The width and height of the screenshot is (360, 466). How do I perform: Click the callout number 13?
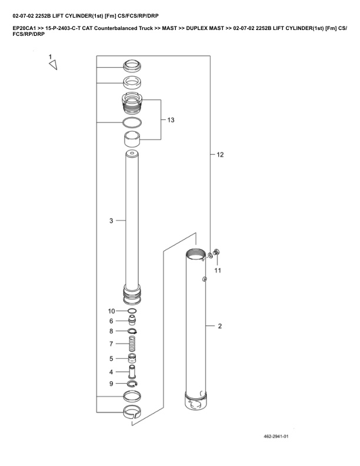pyautogui.click(x=171, y=120)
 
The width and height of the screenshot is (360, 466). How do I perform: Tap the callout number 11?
pyautogui.click(x=217, y=270)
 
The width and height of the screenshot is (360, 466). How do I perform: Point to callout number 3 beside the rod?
pyautogui.click(x=111, y=221)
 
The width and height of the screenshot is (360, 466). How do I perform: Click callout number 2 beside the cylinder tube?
pyautogui.click(x=220, y=325)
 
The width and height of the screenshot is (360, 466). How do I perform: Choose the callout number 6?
pyautogui.click(x=111, y=321)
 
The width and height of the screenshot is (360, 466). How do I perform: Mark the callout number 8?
pyautogui.click(x=111, y=331)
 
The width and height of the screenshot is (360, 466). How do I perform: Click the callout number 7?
pyautogui.click(x=111, y=344)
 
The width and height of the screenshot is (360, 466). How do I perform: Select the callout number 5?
pyautogui.click(x=111, y=358)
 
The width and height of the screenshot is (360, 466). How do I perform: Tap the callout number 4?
pyautogui.click(x=111, y=372)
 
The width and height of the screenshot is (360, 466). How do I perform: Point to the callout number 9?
pyautogui.click(x=111, y=384)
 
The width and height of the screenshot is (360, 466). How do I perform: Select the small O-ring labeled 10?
pyautogui.click(x=132, y=311)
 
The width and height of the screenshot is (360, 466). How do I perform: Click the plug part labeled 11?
pyautogui.click(x=216, y=253)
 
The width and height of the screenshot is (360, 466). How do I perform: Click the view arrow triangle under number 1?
pyautogui.click(x=53, y=66)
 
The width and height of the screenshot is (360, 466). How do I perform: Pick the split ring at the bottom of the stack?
pyautogui.click(x=132, y=412)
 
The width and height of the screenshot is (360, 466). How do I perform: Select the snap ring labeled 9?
pyautogui.click(x=132, y=384)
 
